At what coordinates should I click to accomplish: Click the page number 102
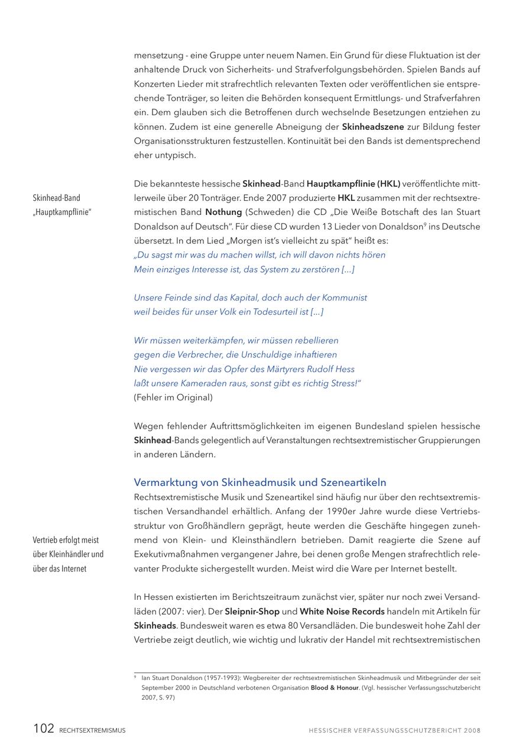[44, 729]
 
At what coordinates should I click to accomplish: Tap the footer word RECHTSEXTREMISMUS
[92, 730]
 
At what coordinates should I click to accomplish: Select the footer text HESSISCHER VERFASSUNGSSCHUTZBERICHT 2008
[394, 730]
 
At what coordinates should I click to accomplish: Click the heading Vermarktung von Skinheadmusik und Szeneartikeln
[260, 482]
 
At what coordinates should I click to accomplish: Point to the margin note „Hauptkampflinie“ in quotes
[62, 212]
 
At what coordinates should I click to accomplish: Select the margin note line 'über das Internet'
[60, 569]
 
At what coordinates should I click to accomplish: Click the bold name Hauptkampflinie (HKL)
[353, 184]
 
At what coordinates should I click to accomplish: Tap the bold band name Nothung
[223, 212]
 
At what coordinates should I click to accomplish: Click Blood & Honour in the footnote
[335, 688]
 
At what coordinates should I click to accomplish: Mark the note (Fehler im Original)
[173, 397]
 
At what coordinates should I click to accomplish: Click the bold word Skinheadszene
[373, 127]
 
